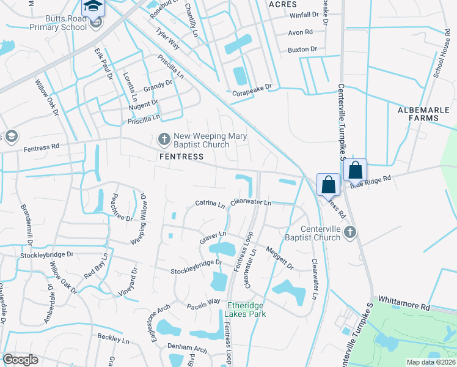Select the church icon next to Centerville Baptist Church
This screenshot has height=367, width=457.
[x=349, y=232]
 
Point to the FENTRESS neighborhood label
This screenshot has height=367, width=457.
[x=181, y=157]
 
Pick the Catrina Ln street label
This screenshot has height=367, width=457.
[x=210, y=203]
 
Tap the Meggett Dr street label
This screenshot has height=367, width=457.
[x=279, y=258]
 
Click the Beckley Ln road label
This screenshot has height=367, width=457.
[x=114, y=338]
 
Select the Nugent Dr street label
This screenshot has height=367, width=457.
[x=143, y=105]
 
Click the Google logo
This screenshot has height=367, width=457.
[x=20, y=360]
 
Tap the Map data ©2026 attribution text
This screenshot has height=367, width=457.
[x=431, y=362]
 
